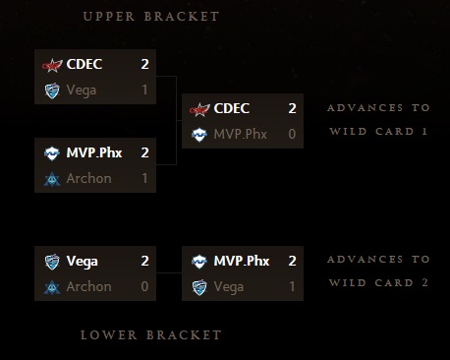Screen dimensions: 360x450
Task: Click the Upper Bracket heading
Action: pos(151,17)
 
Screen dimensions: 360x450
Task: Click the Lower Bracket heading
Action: pos(151,335)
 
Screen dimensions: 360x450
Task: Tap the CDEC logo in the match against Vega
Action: pos(52,65)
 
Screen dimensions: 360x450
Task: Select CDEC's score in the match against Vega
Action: pos(144,65)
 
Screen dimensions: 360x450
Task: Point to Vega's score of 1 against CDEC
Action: pos(144,90)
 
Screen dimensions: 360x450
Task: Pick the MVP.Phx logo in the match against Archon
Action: pos(52,153)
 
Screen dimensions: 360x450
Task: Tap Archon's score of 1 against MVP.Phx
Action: pos(144,178)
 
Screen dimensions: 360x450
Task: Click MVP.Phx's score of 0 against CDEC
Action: pos(292,134)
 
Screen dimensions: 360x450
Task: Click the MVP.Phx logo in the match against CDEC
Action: pos(199,134)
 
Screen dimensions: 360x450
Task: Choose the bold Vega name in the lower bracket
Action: pos(82,262)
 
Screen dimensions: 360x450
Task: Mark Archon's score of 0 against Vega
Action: pos(144,286)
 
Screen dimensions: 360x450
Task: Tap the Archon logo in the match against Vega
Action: pos(52,286)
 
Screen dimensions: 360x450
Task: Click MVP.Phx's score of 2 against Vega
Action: pos(292,262)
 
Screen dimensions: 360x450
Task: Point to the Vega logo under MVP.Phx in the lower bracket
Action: pos(199,286)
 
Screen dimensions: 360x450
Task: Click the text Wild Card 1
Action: pos(378,131)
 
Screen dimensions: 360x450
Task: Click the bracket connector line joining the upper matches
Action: pos(175,120)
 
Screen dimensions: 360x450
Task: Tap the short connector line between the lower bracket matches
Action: pos(170,274)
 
